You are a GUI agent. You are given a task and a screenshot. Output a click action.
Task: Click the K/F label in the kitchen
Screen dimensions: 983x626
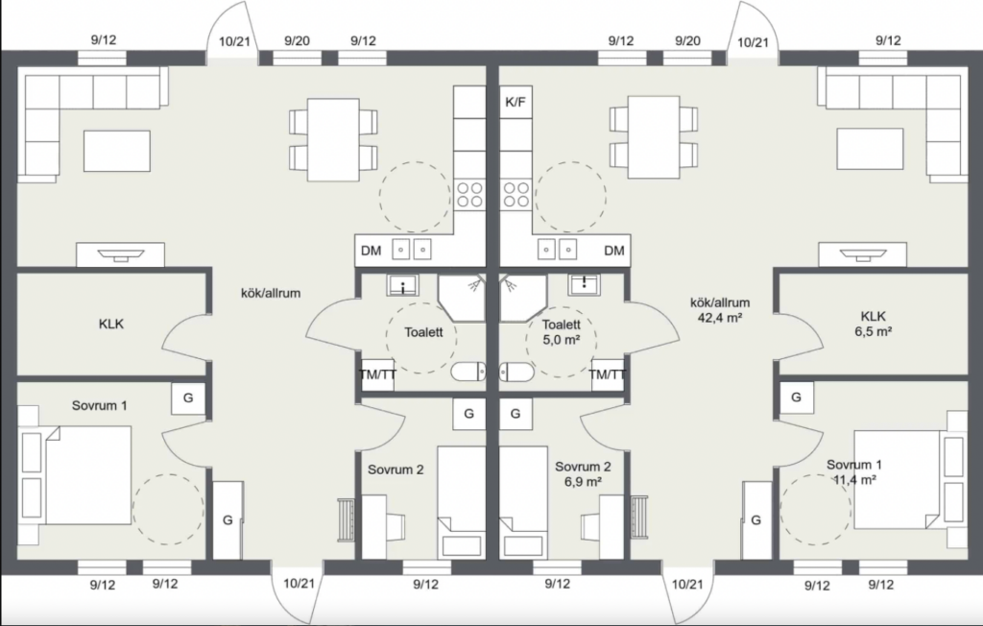(515, 102)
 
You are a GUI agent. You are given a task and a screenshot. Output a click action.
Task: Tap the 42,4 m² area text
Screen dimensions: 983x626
(720, 318)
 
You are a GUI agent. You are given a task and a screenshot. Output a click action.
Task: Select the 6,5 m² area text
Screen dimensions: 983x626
(874, 332)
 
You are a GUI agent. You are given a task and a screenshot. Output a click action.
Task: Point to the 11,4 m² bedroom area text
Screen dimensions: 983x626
(854, 480)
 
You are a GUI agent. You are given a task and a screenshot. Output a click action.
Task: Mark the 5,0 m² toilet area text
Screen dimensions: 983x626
(561, 340)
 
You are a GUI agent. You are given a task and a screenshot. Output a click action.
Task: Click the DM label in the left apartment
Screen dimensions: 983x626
(372, 251)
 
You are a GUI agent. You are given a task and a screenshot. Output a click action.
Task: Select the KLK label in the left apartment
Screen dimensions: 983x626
(111, 325)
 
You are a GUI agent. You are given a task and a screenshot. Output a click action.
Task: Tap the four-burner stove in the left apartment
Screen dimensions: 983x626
(468, 195)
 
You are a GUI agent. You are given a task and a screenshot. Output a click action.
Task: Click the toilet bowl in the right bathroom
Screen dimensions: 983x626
(516, 372)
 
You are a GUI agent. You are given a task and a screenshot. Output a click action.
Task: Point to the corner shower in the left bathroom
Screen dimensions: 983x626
(462, 298)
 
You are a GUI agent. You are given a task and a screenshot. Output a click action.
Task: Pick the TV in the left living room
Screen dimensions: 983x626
(120, 254)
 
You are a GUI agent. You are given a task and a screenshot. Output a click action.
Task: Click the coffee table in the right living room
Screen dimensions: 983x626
(870, 149)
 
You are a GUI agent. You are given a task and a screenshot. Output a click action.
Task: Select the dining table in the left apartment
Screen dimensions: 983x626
(333, 139)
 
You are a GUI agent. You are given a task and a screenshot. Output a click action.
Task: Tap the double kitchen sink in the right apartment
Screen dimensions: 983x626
(558, 249)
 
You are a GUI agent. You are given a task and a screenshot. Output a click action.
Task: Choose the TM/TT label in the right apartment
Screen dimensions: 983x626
(607, 375)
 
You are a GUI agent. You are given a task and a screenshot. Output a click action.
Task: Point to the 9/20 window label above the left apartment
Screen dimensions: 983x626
(297, 41)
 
